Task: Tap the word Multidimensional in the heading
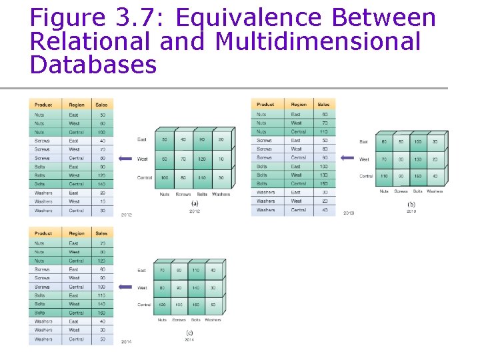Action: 319,41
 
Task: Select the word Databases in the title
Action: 93,65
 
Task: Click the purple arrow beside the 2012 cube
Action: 125,159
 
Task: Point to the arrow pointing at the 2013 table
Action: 347,158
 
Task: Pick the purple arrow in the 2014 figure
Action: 125,287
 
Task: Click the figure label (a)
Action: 195,203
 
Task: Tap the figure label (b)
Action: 411,204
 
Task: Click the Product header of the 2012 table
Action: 43,105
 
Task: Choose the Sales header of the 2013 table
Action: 323,105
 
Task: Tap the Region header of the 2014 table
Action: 77,233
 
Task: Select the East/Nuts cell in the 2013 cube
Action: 384,142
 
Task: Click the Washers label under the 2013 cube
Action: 435,191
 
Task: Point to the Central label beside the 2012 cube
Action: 145,178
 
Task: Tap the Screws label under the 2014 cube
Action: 179,319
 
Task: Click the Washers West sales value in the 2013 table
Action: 325,201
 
